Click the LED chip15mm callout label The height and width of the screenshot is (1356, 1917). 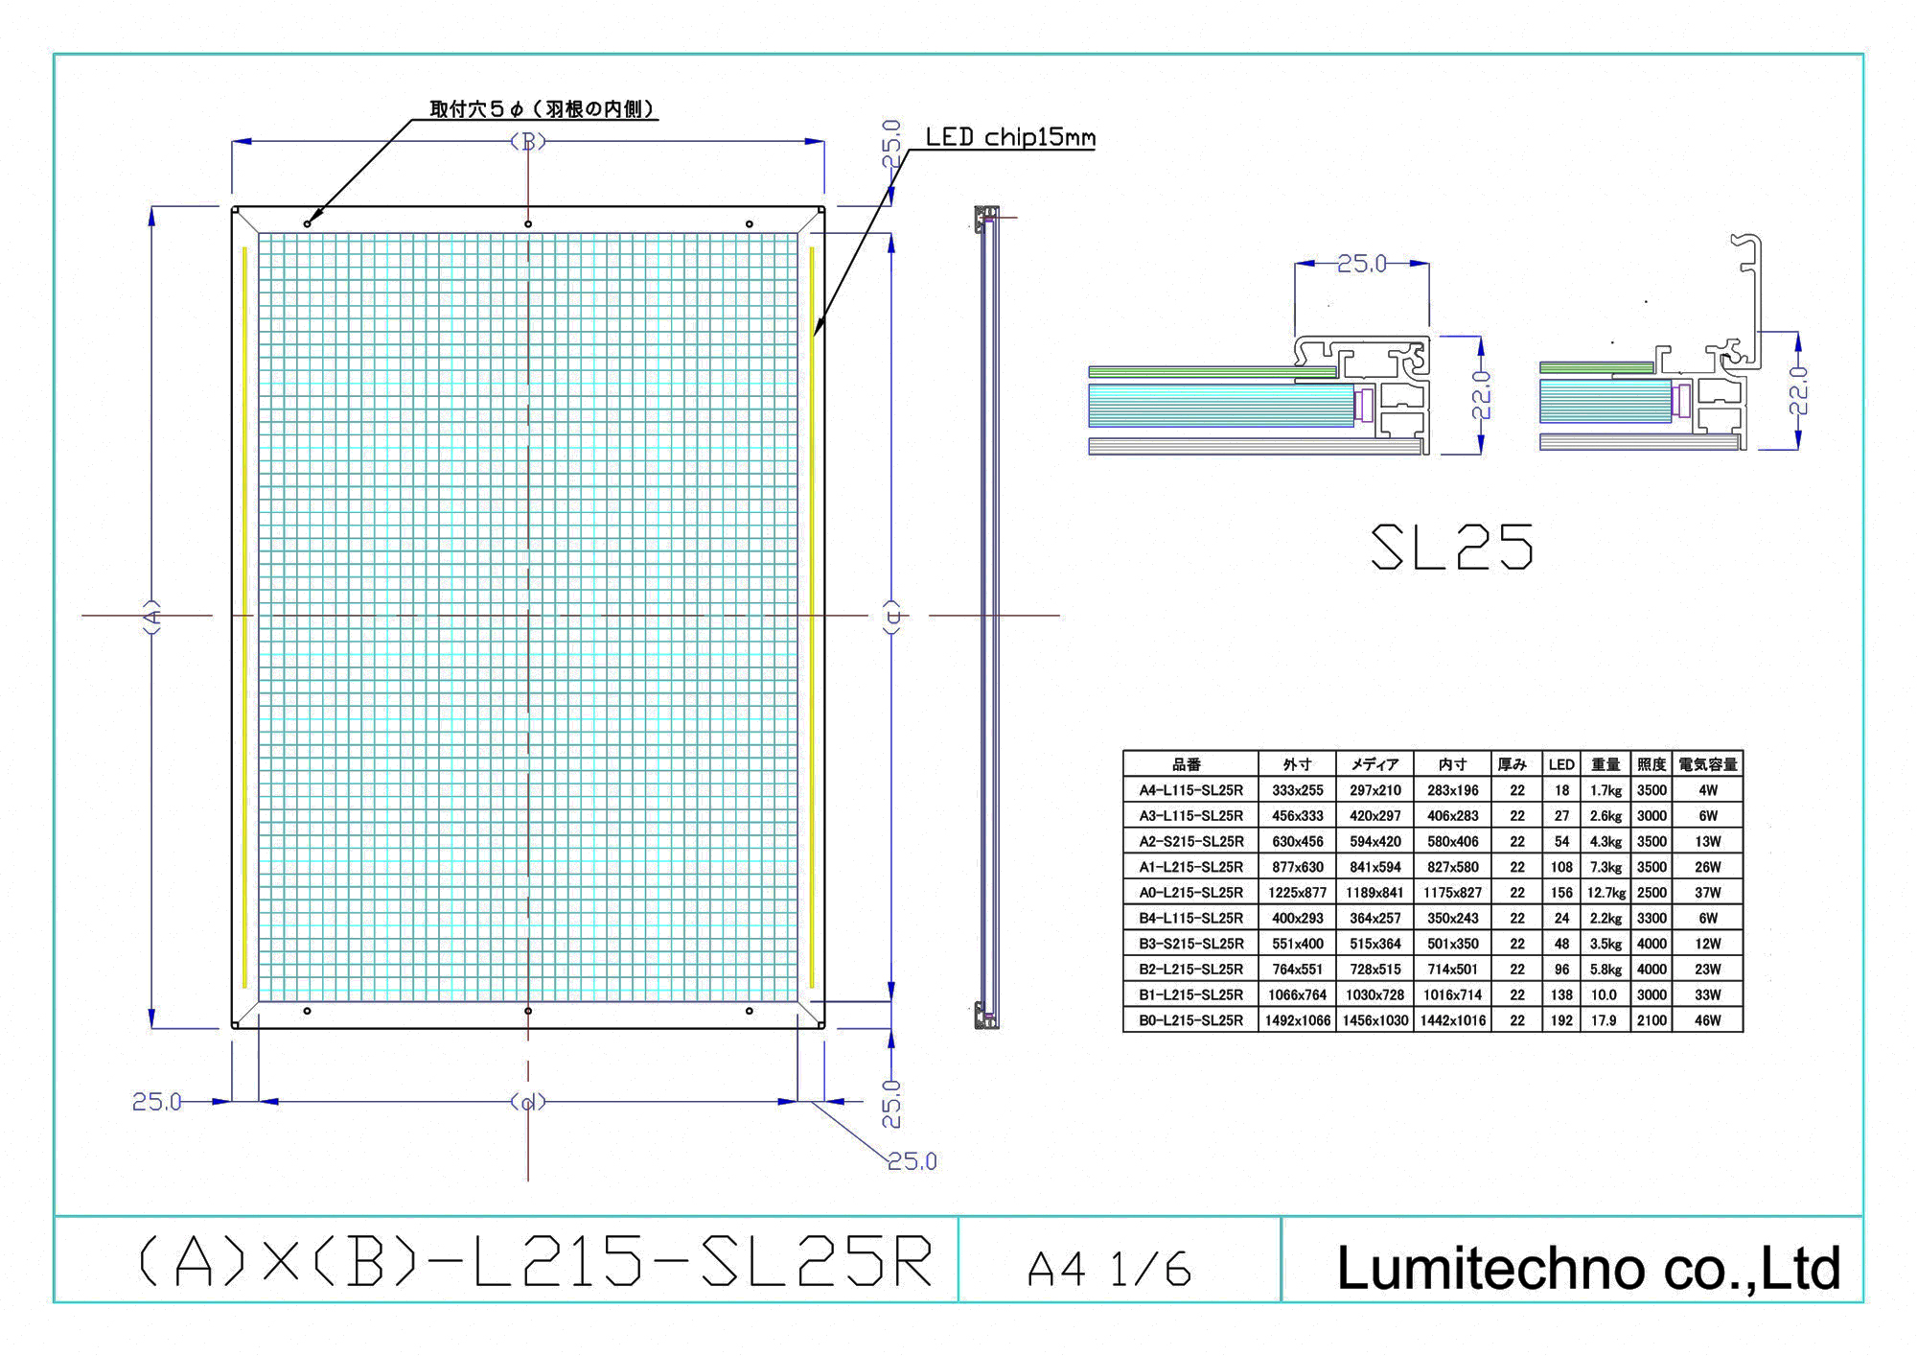(1010, 137)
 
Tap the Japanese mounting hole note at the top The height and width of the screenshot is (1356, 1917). (543, 109)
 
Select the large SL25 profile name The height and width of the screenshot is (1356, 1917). (1451, 548)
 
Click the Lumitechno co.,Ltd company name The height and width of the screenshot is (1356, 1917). (1588, 1268)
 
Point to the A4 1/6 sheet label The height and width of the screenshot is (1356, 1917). (1109, 1270)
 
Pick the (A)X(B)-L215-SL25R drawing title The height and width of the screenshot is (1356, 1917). (536, 1262)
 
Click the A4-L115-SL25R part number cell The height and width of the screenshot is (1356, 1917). (1190, 790)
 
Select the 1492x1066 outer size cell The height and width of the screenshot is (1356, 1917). (1297, 1020)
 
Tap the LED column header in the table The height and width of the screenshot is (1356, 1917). (1561, 764)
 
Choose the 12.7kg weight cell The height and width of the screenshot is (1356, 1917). (1605, 893)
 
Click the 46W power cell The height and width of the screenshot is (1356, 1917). (1707, 1020)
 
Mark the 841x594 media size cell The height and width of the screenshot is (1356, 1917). (1374, 867)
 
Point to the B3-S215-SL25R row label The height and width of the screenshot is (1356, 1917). (1190, 944)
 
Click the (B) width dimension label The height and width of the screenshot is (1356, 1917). (528, 142)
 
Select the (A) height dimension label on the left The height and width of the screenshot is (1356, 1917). (151, 615)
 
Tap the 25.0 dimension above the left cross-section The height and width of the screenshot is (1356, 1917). (1362, 263)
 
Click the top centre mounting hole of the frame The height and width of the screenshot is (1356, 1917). (528, 224)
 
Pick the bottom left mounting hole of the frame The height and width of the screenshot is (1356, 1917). (307, 1011)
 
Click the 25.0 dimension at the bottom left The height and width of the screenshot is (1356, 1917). (156, 1102)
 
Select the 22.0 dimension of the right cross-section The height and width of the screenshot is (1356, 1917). (1798, 389)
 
